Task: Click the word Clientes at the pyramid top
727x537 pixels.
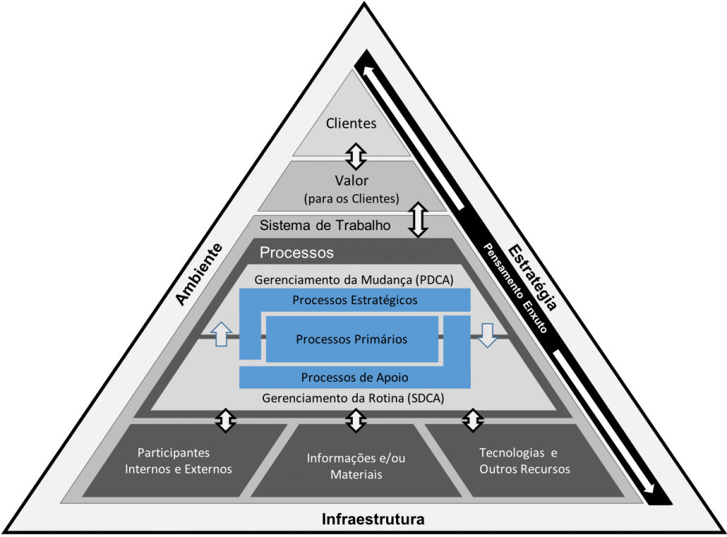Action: [352, 123]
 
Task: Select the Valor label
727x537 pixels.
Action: [352, 181]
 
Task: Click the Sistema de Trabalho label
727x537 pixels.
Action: [325, 226]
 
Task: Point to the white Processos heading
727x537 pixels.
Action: [296, 252]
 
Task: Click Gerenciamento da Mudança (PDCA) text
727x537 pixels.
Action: [354, 279]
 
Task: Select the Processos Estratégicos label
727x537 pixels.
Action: [355, 300]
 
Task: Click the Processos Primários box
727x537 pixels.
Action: [352, 339]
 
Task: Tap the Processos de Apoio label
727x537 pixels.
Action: [354, 378]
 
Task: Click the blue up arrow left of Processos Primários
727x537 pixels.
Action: [221, 333]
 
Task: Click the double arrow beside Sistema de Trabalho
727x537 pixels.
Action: [419, 220]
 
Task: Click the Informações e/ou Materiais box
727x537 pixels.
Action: [356, 466]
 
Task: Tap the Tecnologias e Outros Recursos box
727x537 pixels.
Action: [524, 461]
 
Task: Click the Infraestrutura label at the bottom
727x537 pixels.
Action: [373, 520]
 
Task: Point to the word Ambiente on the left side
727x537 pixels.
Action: [199, 275]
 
